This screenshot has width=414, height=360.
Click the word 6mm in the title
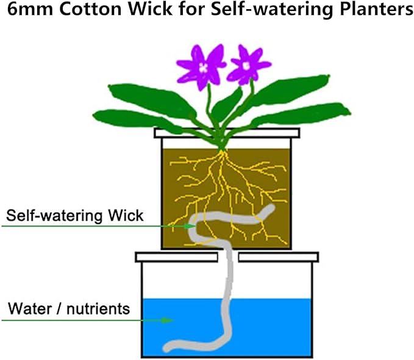coord(30,9)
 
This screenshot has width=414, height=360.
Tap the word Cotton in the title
coord(91,9)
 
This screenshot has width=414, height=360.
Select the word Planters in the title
coord(376,10)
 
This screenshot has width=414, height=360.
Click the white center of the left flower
coord(203,68)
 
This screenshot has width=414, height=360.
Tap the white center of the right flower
coord(246,65)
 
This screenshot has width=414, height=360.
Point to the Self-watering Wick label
coord(75,216)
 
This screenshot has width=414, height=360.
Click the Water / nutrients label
coord(69,309)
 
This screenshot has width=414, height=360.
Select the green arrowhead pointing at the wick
coord(190,226)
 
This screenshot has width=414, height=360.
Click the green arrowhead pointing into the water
coord(168,320)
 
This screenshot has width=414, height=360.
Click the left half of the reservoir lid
coord(177,257)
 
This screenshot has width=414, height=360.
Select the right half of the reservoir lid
coord(278,257)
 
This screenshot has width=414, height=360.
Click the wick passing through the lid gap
coord(229,257)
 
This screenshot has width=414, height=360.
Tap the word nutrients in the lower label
coord(98,309)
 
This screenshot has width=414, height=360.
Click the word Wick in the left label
coord(126,216)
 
